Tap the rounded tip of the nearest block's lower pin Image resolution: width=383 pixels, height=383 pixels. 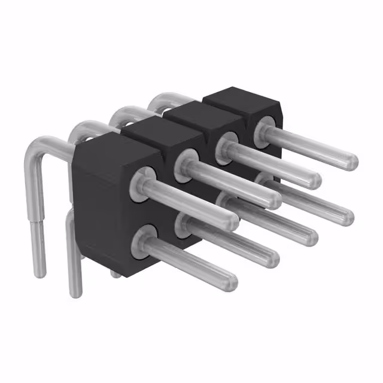point(230,281)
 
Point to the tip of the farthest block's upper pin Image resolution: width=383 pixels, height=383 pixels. point(351,160)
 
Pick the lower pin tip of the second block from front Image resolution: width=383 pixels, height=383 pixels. point(272,256)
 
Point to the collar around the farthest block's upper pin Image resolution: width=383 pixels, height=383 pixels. point(263,127)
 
